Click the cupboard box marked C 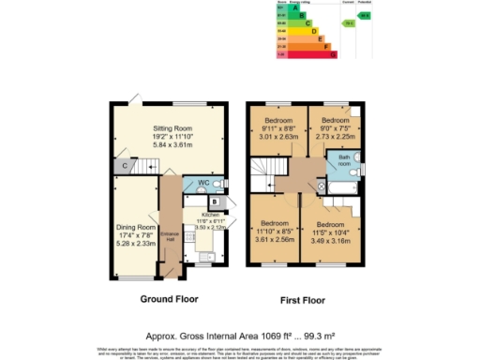[x=125, y=167]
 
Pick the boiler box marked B [x=215, y=202]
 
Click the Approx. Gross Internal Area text [x=239, y=335]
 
